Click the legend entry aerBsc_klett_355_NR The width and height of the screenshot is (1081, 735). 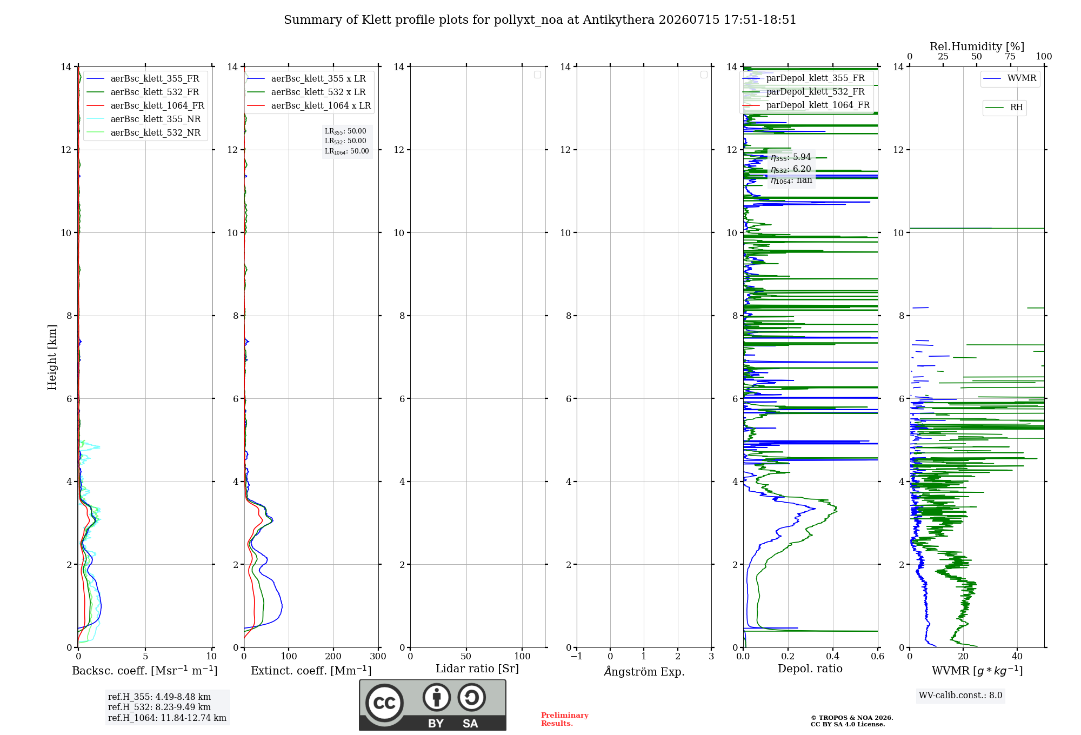(143, 119)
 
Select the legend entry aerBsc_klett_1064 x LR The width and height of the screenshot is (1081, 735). (309, 105)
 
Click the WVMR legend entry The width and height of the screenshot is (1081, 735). (1010, 78)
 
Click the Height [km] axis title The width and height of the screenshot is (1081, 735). (52, 357)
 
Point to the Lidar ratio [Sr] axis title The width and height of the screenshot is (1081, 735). (477, 669)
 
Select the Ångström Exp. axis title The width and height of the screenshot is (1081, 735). (644, 671)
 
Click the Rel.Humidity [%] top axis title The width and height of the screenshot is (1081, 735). (977, 46)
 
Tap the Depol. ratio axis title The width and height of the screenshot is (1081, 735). (810, 669)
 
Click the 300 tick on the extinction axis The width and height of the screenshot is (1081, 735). (378, 656)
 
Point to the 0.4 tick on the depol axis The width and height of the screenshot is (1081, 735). (833, 656)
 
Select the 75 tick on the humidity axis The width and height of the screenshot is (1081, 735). (1010, 57)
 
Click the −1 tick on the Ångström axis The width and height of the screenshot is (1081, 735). (577, 656)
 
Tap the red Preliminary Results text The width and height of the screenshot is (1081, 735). (565, 719)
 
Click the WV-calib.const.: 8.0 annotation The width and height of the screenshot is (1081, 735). (960, 696)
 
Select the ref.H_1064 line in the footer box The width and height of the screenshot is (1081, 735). (167, 718)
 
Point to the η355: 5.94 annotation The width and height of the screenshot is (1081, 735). (791, 157)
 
